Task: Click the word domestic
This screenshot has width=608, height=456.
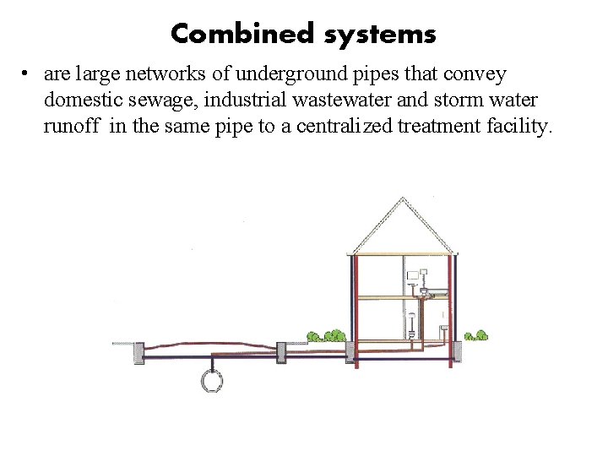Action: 74,100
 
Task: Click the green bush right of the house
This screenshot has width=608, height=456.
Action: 477,335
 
